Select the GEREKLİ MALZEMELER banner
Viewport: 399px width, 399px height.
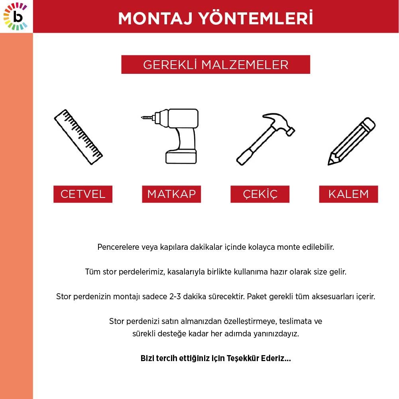[216, 65]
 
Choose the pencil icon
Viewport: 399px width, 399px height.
[351, 142]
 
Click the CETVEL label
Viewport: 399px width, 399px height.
[83, 194]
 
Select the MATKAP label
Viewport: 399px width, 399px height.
[171, 194]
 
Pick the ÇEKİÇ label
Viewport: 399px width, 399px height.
[260, 194]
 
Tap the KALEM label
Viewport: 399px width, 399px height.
[348, 194]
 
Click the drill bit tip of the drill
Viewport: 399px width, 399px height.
[143, 117]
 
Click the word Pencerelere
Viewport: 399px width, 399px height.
[116, 247]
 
